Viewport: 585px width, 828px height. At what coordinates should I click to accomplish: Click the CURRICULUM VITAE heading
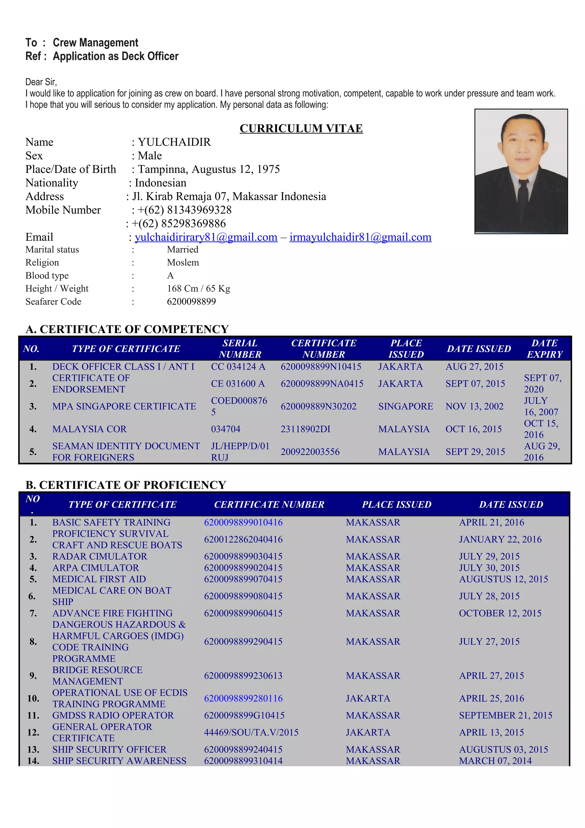tap(301, 128)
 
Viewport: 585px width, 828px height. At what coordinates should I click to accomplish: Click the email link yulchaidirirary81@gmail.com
tap(206, 237)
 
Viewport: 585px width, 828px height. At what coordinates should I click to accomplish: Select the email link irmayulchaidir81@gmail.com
tap(360, 237)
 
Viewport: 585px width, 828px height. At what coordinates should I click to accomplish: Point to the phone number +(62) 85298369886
tap(179, 224)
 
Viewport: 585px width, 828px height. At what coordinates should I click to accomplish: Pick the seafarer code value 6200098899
tap(191, 301)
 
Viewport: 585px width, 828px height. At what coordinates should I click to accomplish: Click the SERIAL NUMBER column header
tap(240, 349)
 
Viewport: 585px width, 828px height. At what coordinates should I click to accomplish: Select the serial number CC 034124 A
tap(238, 367)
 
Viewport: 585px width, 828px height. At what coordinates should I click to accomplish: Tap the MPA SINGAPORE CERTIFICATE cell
tap(124, 406)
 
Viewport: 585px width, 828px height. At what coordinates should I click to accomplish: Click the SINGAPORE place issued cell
tap(406, 406)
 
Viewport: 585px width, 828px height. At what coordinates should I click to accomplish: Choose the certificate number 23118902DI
tap(305, 429)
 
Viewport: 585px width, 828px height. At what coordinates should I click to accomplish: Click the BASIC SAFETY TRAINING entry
tap(111, 523)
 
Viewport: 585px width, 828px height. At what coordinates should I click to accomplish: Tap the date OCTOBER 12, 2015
tap(500, 613)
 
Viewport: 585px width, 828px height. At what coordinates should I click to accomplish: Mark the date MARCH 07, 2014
tap(495, 761)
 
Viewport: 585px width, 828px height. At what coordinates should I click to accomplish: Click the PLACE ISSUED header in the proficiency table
tap(396, 505)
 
